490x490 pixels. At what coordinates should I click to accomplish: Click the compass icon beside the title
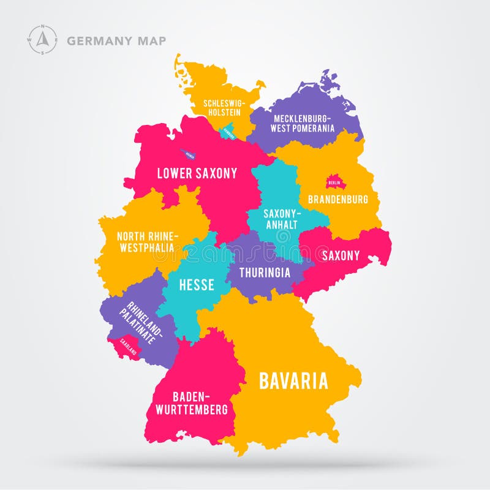[x=42, y=40]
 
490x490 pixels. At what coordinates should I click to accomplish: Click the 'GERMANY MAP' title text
[x=116, y=41]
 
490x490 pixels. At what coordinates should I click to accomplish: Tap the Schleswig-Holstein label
[x=222, y=108]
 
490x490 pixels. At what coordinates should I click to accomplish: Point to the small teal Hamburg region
[x=229, y=130]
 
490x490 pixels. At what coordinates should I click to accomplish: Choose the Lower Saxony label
[x=197, y=173]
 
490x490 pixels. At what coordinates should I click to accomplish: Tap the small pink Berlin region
[x=334, y=182]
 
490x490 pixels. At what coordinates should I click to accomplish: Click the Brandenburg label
[x=338, y=199]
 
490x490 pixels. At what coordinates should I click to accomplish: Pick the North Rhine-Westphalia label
[x=147, y=243]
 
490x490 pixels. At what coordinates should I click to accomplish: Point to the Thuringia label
[x=265, y=273]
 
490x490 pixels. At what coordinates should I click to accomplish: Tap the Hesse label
[x=196, y=285]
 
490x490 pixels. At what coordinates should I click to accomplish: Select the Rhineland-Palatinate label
[x=145, y=322]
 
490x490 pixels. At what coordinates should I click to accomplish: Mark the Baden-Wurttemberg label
[x=192, y=403]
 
